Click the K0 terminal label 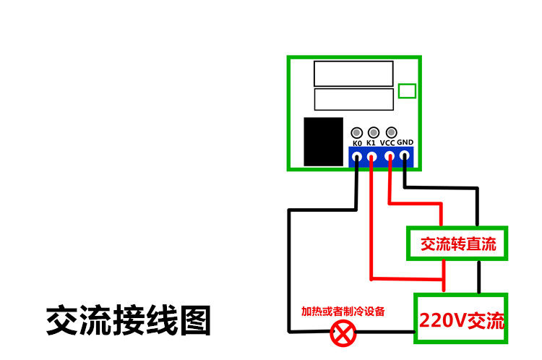pyautogui.click(x=357, y=143)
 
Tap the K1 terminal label pyautogui.click(x=371, y=143)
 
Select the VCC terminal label pyautogui.click(x=388, y=143)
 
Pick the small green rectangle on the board pyautogui.click(x=408, y=90)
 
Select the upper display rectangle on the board pyautogui.click(x=353, y=73)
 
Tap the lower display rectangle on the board pyautogui.click(x=353, y=98)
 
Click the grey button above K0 pyautogui.click(x=356, y=133)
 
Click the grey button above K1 pyautogui.click(x=373, y=132)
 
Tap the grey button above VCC pyautogui.click(x=391, y=132)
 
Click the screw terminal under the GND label pyautogui.click(x=405, y=155)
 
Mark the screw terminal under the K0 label pyautogui.click(x=357, y=155)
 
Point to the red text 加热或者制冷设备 pyautogui.click(x=343, y=312)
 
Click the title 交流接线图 pyautogui.click(x=129, y=320)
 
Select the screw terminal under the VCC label pyautogui.click(x=390, y=155)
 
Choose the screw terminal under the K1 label pyautogui.click(x=372, y=155)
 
